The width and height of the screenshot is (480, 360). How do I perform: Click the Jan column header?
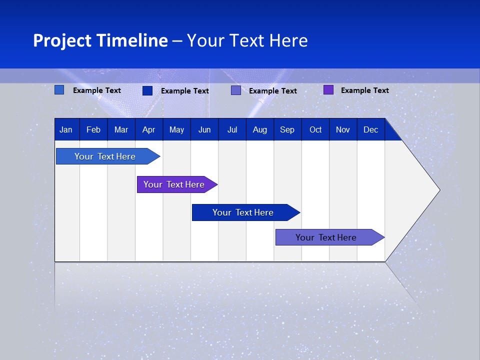pyautogui.click(x=66, y=130)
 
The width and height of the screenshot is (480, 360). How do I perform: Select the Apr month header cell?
pyautogui.click(x=148, y=130)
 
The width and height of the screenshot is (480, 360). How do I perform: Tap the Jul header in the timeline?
pyautogui.click(x=232, y=130)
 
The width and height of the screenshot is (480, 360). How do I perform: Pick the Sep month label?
pyautogui.click(x=287, y=130)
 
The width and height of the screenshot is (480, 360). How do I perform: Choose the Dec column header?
pyautogui.click(x=370, y=130)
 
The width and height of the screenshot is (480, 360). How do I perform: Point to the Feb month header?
pyautogui.click(x=93, y=130)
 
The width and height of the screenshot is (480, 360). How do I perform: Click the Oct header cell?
pyautogui.click(x=315, y=130)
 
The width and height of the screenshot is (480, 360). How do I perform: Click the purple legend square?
pyautogui.click(x=328, y=90)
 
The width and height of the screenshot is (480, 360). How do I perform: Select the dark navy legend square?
pyautogui.click(x=147, y=90)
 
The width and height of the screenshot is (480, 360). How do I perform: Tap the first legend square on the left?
pyautogui.click(x=59, y=90)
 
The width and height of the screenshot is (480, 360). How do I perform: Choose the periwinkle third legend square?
pyautogui.click(x=236, y=90)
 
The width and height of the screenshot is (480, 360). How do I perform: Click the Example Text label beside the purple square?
pyautogui.click(x=364, y=90)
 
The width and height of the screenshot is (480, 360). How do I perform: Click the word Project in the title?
pyautogui.click(x=62, y=40)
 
